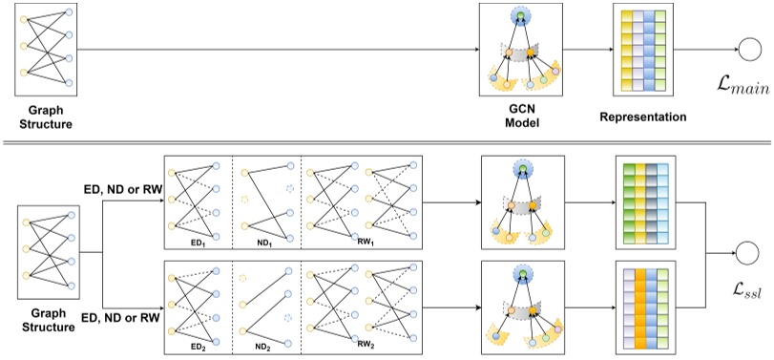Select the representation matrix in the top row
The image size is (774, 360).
pyautogui.click(x=650, y=52)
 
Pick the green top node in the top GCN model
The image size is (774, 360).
pyautogui.click(x=519, y=15)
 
